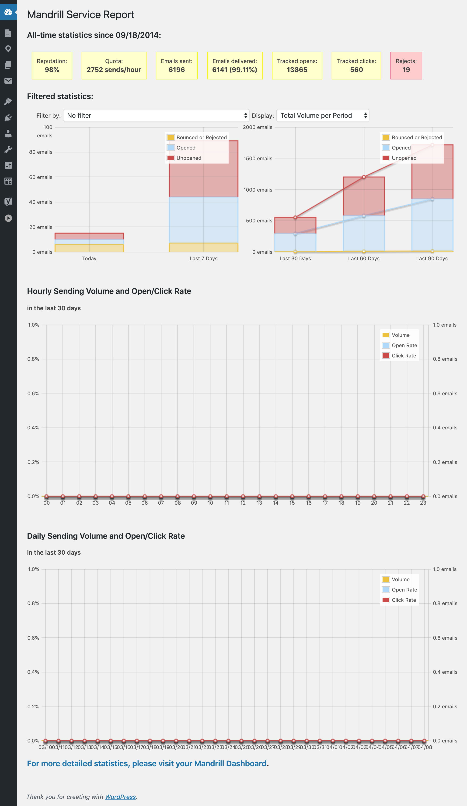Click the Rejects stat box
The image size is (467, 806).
pos(406,66)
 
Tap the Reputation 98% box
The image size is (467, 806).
pos(52,66)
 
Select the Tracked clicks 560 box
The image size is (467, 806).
pos(356,66)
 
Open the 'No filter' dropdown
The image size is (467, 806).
pos(156,115)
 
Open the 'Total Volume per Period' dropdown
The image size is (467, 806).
pos(322,115)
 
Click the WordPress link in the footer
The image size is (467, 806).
pos(120,797)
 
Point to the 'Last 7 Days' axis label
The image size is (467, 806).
pos(203,258)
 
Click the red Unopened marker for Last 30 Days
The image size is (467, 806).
pos(295,218)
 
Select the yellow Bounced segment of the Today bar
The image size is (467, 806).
pos(89,248)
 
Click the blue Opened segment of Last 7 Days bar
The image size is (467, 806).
pos(203,220)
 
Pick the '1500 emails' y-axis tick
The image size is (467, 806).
pos(258,158)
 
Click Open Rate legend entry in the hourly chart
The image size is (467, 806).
pos(404,346)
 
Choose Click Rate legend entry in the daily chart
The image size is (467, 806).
pos(404,600)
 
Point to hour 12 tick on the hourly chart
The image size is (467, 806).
pos(243,503)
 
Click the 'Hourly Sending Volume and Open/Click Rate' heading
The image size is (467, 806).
pos(109,291)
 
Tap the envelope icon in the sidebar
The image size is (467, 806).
pos(8,81)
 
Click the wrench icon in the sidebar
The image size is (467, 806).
pos(8,149)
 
